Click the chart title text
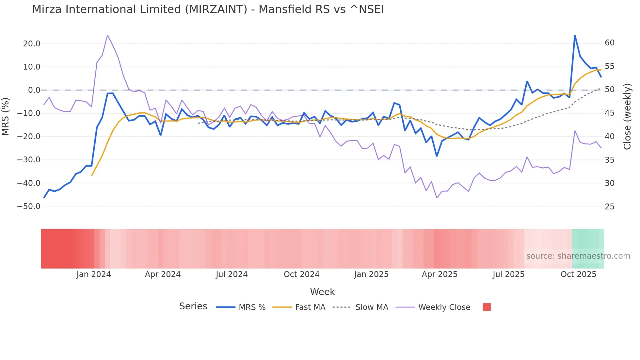tap(208, 9)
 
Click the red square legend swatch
tap(487, 307)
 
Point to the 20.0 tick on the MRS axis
tap(32, 44)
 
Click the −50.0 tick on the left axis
tap(29, 206)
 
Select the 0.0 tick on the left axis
tap(34, 90)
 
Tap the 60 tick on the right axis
tap(610, 43)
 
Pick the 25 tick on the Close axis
tap(610, 207)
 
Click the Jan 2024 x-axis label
tap(94, 274)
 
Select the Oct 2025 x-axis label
tap(578, 274)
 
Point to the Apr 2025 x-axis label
tap(440, 274)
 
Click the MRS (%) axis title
tap(6, 116)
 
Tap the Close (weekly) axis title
tap(627, 117)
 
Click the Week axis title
tap(322, 292)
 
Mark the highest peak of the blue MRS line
tap(575, 36)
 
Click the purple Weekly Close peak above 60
tap(107, 35)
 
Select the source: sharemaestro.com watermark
tap(578, 256)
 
